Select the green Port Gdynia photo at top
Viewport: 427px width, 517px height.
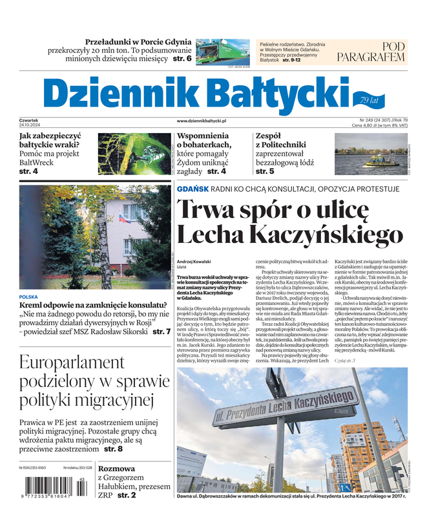tap(222, 52)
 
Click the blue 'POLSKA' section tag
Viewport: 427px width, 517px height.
tap(28, 297)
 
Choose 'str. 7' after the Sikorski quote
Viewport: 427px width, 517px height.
tap(161, 332)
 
